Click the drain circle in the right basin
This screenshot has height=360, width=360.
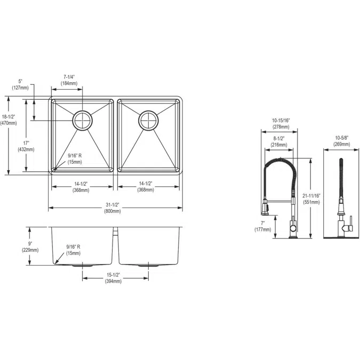[148, 120]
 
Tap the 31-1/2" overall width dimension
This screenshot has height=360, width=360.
[113, 208]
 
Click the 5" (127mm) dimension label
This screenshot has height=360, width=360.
[20, 85]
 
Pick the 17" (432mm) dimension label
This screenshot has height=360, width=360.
[26, 146]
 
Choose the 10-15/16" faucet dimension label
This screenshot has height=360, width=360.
[281, 124]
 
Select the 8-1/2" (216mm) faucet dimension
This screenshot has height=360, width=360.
[278, 141]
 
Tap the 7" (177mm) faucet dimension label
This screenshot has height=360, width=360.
[263, 226]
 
